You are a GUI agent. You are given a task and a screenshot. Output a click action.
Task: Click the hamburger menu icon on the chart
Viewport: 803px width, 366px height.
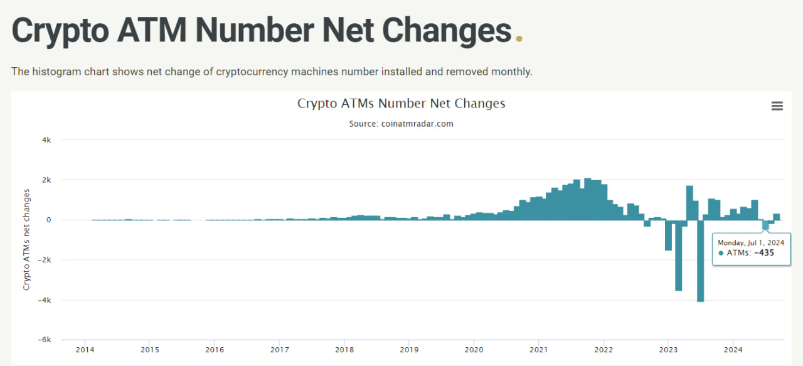click(777, 106)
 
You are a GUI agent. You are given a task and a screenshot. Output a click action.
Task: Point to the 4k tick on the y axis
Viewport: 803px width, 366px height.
click(46, 140)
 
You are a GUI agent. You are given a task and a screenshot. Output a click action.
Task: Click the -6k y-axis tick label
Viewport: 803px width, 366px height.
click(45, 340)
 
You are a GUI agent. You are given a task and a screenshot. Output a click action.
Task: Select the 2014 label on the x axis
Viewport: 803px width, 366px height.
click(85, 350)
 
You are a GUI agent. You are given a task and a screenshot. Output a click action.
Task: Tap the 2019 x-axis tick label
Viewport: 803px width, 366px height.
click(409, 350)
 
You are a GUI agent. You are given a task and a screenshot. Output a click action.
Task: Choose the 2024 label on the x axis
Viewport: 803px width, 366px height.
click(733, 350)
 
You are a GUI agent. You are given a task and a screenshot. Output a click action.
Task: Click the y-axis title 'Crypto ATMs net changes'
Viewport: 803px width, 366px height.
click(26, 239)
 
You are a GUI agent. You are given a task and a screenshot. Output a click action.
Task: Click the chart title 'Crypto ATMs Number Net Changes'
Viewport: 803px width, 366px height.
click(401, 104)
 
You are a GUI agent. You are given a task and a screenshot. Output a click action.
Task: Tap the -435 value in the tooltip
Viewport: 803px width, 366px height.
click(765, 253)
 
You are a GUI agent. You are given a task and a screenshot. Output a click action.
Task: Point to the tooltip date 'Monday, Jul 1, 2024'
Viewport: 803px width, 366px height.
click(751, 242)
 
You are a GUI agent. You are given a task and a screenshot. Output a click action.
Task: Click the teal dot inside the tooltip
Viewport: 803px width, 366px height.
click(721, 253)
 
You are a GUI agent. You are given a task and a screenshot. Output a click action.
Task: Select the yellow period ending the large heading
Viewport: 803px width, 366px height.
click(519, 39)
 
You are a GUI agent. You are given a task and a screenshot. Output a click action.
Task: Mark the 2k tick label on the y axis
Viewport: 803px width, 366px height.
click(46, 180)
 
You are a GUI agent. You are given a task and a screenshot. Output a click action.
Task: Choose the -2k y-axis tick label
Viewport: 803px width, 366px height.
click(45, 260)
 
